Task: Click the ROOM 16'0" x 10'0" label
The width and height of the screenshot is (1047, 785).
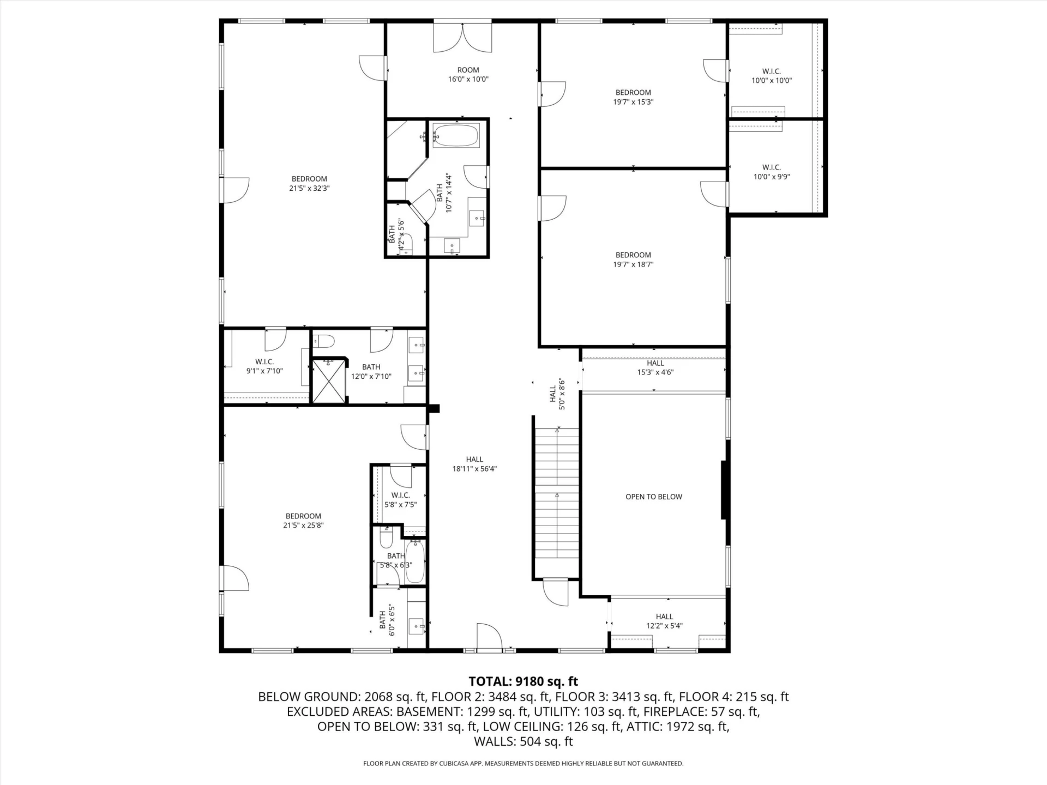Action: (x=468, y=74)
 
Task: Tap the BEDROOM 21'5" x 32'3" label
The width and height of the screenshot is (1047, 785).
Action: (x=309, y=183)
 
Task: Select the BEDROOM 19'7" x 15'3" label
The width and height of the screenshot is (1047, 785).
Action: (x=633, y=97)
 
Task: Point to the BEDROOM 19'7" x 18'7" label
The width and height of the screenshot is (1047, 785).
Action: (x=633, y=259)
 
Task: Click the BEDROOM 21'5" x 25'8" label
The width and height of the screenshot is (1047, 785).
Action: (x=303, y=521)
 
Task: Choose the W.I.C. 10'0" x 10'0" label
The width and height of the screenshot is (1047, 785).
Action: (x=772, y=76)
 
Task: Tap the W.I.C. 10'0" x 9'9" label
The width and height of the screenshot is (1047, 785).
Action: (x=772, y=172)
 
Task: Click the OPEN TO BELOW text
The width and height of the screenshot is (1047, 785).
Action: (x=654, y=497)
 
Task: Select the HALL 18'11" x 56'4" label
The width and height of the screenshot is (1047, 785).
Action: (x=474, y=464)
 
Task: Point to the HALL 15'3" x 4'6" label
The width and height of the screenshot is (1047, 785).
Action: (x=655, y=367)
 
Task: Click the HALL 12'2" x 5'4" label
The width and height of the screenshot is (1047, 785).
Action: (x=664, y=621)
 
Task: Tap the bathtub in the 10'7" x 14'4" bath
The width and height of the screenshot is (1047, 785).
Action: (x=456, y=135)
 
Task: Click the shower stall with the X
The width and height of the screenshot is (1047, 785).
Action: (x=329, y=381)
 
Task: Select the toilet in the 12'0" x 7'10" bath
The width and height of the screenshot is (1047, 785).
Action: (x=324, y=341)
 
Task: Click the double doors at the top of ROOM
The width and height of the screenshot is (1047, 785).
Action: (x=462, y=38)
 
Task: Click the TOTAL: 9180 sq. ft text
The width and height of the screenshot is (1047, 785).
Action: (x=523, y=681)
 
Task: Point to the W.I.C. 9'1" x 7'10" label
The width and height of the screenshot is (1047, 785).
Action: (x=264, y=366)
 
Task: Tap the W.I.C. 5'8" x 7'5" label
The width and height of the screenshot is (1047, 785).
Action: (x=400, y=500)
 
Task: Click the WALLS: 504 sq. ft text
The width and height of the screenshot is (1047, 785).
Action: (x=523, y=741)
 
